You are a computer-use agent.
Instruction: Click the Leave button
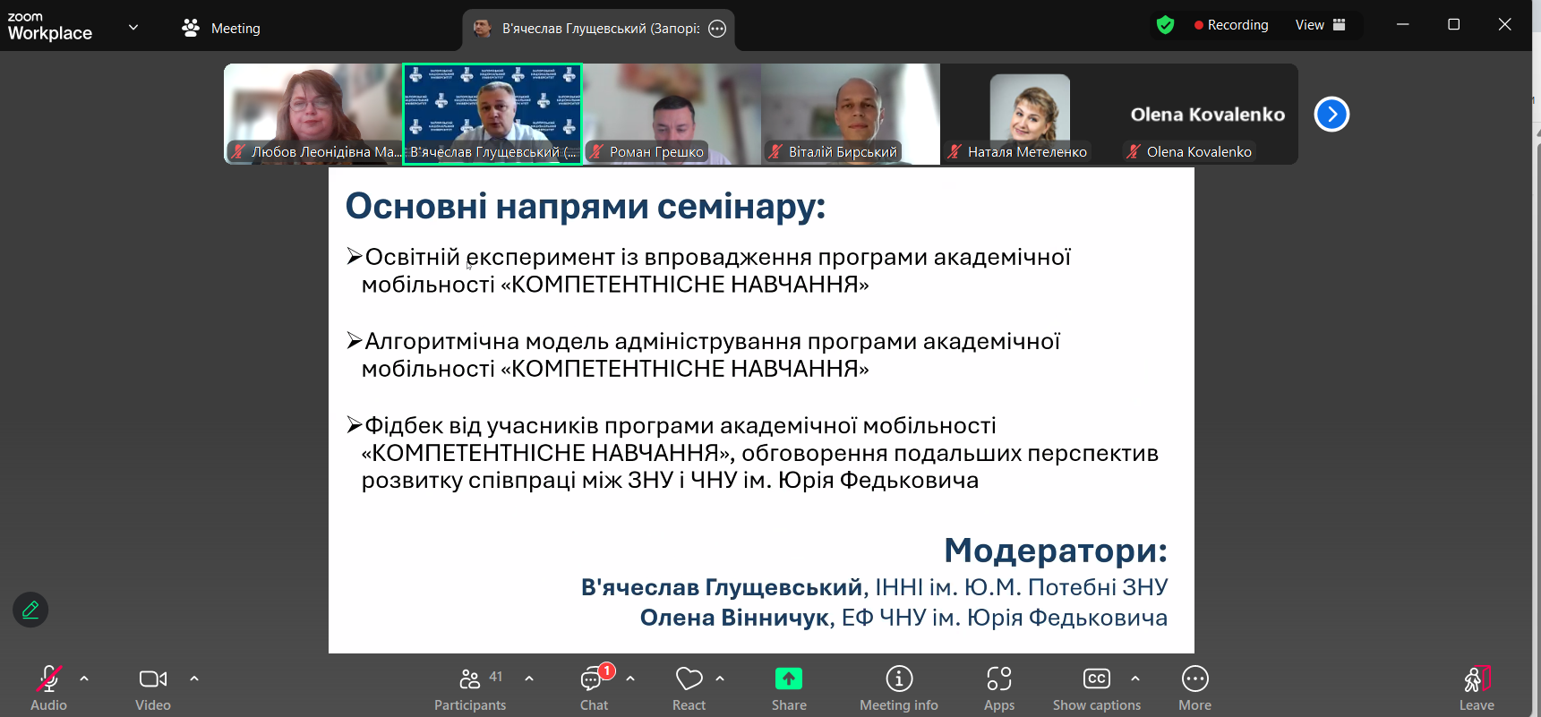pos(1477,687)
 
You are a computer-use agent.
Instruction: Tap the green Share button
pos(788,679)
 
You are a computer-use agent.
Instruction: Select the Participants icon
pos(470,679)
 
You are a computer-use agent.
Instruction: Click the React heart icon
pos(689,679)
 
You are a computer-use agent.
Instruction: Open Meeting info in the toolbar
pos(899,679)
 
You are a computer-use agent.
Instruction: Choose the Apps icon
pos(999,679)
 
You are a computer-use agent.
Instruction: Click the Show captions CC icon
pos(1096,679)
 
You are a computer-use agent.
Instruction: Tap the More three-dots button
pos(1194,679)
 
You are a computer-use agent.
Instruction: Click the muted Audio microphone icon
pos(48,679)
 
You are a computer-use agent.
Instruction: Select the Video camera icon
pos(153,679)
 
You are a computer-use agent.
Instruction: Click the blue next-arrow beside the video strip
pos(1331,115)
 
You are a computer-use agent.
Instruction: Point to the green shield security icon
pos(1165,25)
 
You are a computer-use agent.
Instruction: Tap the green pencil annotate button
pos(30,610)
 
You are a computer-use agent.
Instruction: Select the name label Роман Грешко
pos(656,152)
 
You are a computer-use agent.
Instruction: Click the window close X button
pos(1504,25)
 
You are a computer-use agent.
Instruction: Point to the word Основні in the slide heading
pos(416,207)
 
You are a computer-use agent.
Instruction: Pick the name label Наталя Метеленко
pos(1027,152)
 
